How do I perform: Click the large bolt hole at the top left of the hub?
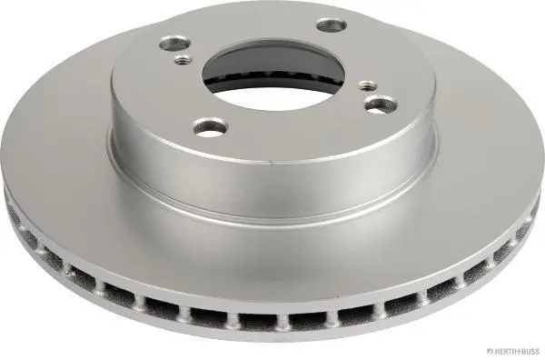tap(175, 45)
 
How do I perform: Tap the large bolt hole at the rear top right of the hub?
tap(332, 25)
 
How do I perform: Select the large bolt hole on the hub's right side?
tap(381, 105)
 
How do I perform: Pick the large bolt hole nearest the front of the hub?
tap(211, 127)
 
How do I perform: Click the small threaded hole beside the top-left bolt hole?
tap(183, 60)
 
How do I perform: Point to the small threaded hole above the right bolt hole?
tap(368, 85)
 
